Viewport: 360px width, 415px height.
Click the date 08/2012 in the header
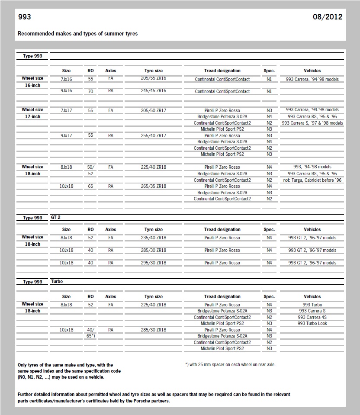327,17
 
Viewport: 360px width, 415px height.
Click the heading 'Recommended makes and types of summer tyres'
78,33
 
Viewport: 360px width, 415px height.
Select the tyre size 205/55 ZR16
154,78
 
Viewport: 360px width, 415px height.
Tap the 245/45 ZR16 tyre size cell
154,91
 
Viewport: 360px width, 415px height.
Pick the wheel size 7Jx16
66,79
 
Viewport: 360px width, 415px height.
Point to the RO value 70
90,92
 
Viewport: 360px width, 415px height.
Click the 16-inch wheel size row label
32,86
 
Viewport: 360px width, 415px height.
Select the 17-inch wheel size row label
32,117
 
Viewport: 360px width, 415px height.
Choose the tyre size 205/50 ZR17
154,110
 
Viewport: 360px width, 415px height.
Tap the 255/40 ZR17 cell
154,135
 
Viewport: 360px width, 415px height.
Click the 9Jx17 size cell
66,135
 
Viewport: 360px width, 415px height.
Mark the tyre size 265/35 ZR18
154,186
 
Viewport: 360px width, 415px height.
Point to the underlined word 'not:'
287,180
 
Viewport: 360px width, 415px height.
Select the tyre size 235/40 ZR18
154,238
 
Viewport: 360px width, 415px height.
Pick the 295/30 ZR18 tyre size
154,263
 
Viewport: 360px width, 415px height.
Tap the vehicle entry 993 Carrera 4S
312,317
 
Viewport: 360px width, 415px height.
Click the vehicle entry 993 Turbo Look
312,323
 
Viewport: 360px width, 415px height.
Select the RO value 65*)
90,336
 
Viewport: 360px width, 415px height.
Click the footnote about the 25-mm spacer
230,364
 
